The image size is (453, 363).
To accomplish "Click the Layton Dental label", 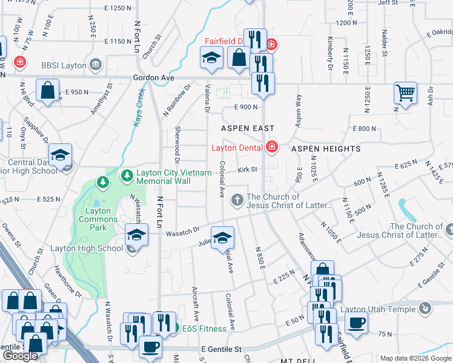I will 236,148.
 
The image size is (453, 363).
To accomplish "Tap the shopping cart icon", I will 406,93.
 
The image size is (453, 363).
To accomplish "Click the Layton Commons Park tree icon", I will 104,181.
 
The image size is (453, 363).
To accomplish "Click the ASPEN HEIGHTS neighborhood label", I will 326,149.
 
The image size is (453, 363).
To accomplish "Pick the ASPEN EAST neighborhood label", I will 248,129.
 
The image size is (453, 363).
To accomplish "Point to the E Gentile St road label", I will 222,349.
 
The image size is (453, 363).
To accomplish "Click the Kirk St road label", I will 248,170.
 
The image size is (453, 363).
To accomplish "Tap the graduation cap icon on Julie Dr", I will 222,238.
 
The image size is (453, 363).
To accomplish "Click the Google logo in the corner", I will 20,356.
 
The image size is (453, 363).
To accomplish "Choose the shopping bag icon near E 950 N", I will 47,91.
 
